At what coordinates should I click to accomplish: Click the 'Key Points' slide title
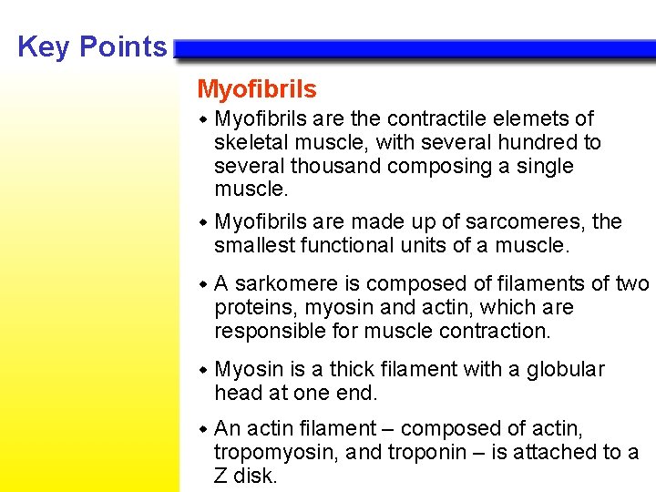92,46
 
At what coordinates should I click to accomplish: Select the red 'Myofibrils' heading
257,89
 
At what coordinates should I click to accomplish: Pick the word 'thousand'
341,167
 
